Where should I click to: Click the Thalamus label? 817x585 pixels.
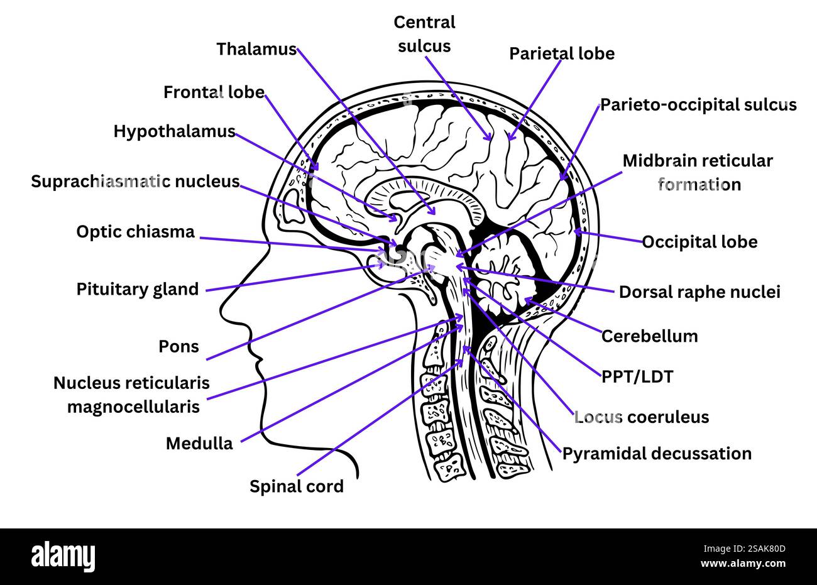[256, 49]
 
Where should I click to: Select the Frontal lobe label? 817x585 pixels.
[214, 92]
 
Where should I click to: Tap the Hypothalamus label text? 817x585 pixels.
[174, 131]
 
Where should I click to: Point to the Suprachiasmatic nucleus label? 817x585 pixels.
[135, 182]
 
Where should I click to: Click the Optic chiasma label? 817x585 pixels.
[135, 232]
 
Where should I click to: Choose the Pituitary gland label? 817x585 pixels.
[137, 289]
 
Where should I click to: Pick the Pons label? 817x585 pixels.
[179, 346]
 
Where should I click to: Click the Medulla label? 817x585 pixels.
[199, 444]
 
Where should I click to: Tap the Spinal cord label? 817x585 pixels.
[297, 486]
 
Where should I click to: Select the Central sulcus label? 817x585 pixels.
[424, 34]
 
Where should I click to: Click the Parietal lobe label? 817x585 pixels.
[561, 54]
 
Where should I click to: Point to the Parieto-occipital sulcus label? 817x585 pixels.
[698, 104]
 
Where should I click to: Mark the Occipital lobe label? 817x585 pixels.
[699, 242]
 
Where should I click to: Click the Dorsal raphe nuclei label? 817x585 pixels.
[699, 292]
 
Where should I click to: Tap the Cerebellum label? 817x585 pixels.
[649, 336]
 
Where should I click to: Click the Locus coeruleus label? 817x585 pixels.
[641, 417]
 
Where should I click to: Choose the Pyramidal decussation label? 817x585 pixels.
[656, 454]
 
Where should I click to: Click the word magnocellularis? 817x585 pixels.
[133, 407]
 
